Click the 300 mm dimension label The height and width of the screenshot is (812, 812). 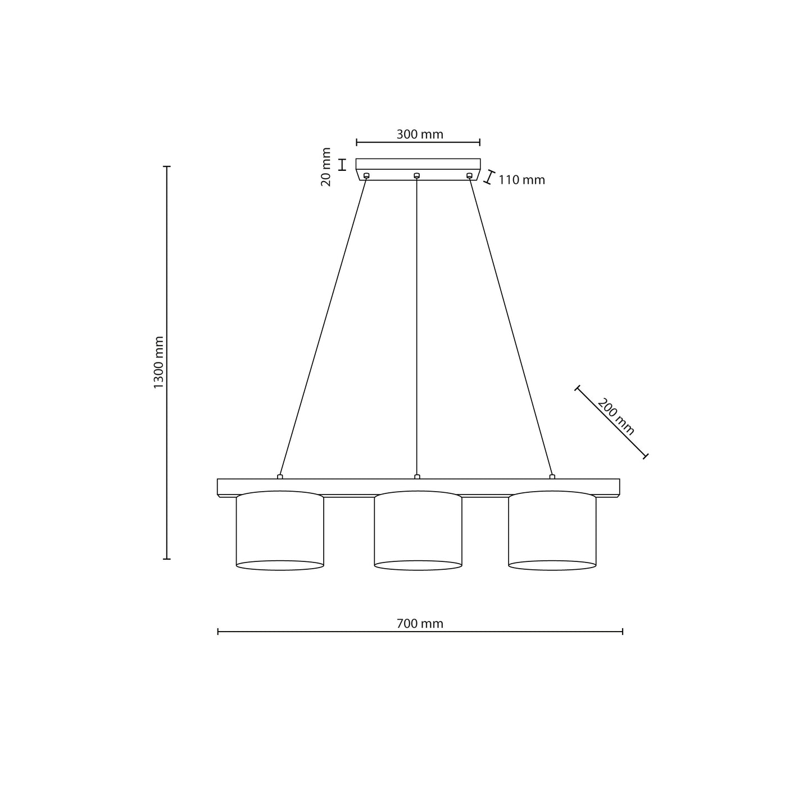[x=420, y=134]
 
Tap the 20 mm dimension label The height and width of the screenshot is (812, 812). [x=326, y=167]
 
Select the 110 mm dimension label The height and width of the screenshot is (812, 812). [x=521, y=180]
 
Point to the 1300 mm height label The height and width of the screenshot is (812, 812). [x=158, y=362]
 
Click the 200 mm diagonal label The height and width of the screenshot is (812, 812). [x=616, y=417]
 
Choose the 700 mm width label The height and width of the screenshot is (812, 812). [x=420, y=624]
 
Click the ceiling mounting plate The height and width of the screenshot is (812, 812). [x=418, y=169]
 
